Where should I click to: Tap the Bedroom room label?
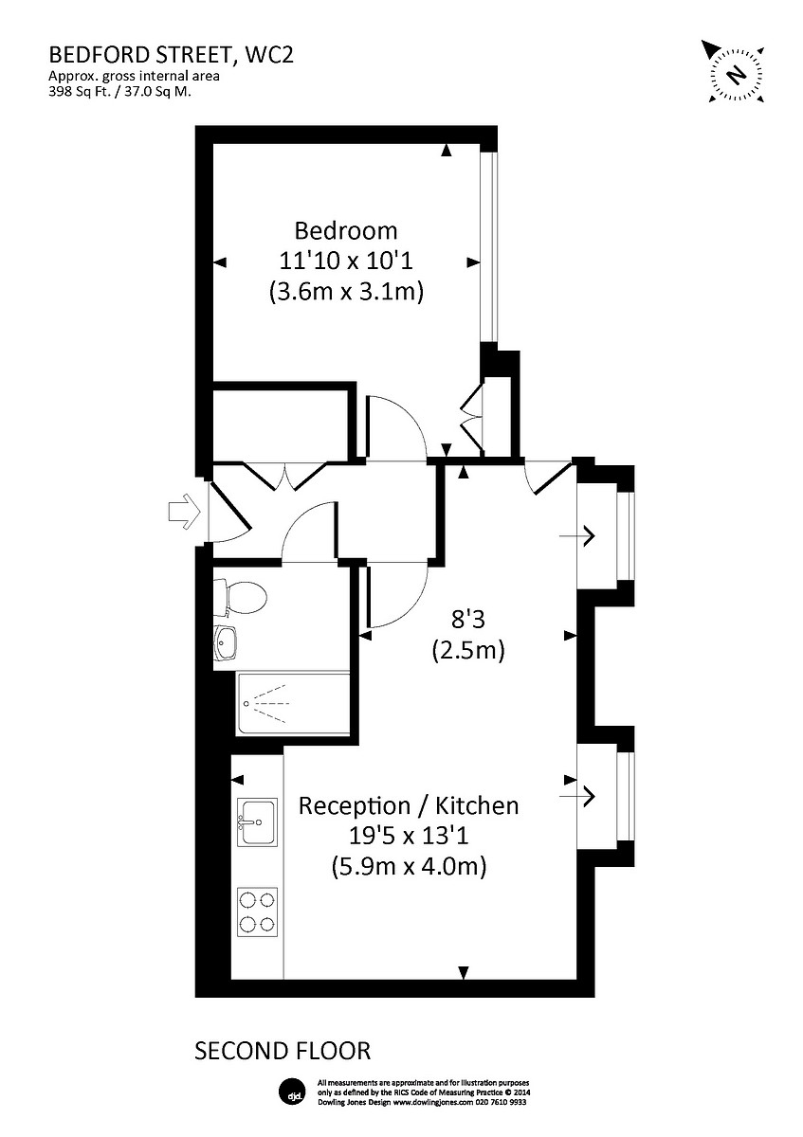pyautogui.click(x=345, y=230)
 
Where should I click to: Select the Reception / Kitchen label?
pyautogui.click(x=409, y=806)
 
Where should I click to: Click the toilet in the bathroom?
pyautogui.click(x=242, y=597)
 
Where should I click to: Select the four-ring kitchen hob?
pyautogui.click(x=257, y=911)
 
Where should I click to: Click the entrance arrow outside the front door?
pyautogui.click(x=182, y=512)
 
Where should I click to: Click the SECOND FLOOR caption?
pyautogui.click(x=283, y=1051)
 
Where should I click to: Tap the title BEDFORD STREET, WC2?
pyautogui.click(x=172, y=55)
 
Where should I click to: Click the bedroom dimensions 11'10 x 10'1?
pyautogui.click(x=345, y=261)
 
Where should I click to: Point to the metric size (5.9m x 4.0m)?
pyautogui.click(x=409, y=865)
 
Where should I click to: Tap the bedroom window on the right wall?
pyautogui.click(x=487, y=246)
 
